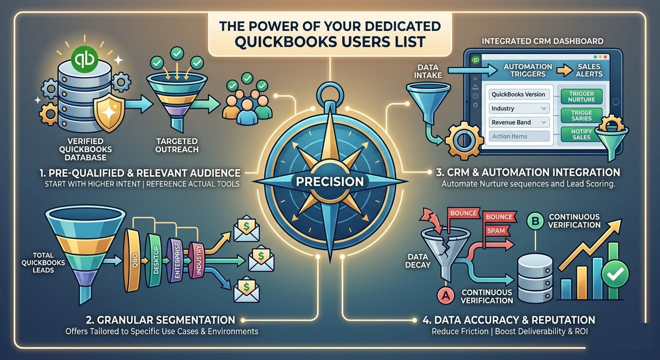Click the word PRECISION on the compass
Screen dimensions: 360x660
(x=330, y=181)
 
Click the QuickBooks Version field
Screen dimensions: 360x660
(x=518, y=94)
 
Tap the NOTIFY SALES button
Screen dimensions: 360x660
(x=581, y=134)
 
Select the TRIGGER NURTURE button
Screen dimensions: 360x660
(x=581, y=97)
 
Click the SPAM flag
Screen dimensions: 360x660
(x=496, y=231)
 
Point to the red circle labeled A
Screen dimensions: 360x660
(x=445, y=295)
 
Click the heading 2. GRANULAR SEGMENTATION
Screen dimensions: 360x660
(x=161, y=320)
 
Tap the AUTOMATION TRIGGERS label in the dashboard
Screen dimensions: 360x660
(x=528, y=70)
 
